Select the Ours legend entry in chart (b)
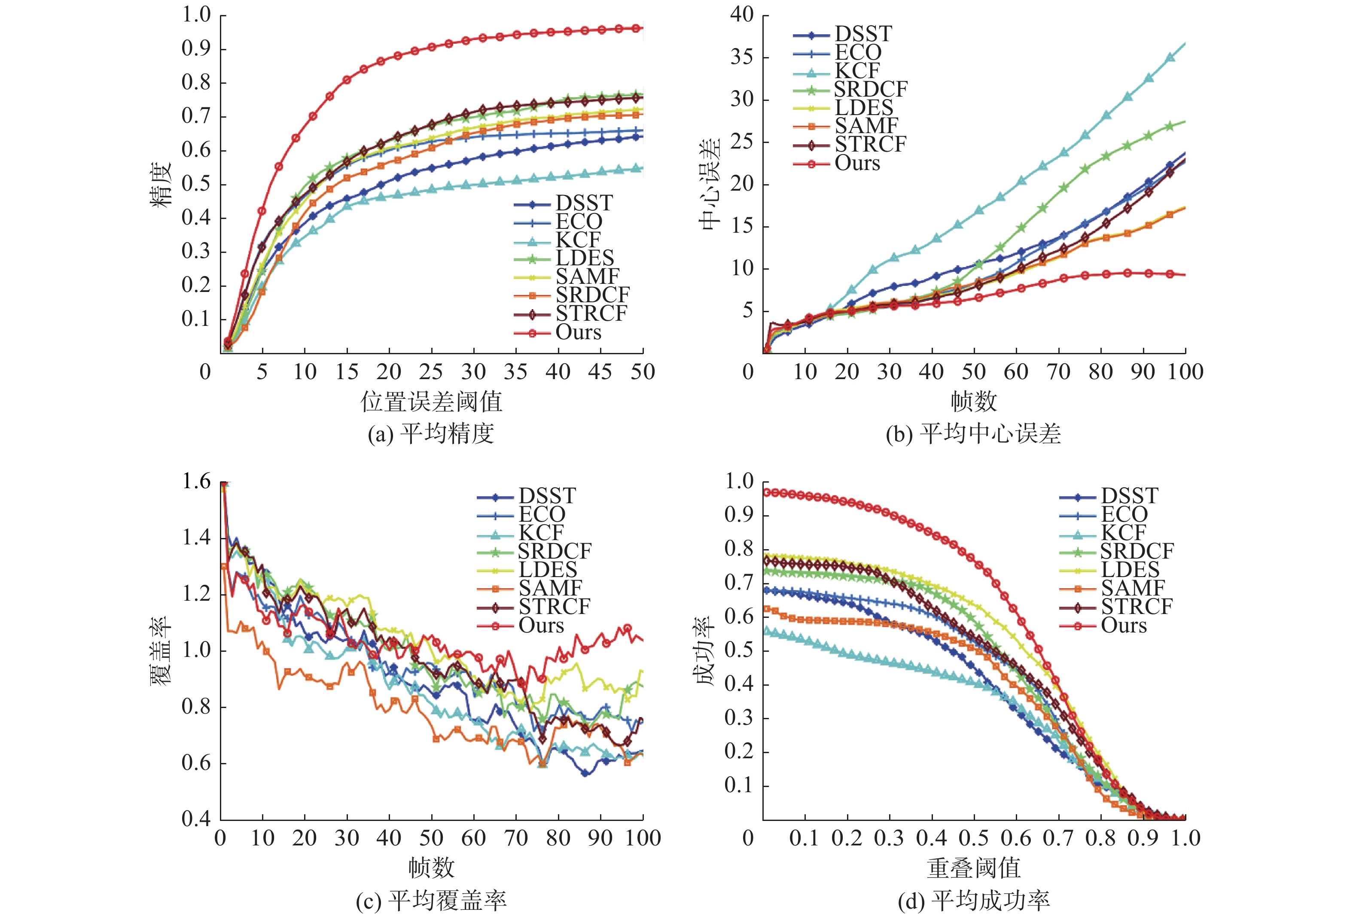(x=857, y=163)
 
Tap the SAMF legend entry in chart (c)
(x=550, y=588)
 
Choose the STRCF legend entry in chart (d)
(x=1136, y=607)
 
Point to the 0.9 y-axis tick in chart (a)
(x=196, y=49)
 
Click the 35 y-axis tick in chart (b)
(x=742, y=57)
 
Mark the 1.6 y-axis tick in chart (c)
(x=196, y=481)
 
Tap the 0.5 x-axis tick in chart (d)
(x=973, y=838)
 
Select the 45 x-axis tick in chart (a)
(x=600, y=372)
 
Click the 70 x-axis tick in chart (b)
(x=1058, y=372)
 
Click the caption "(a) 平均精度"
(x=431, y=434)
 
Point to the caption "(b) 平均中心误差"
(x=973, y=434)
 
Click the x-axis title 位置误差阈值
(x=431, y=401)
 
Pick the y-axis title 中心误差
(x=711, y=184)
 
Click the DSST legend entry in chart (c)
(x=547, y=496)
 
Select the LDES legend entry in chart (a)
(x=585, y=258)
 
